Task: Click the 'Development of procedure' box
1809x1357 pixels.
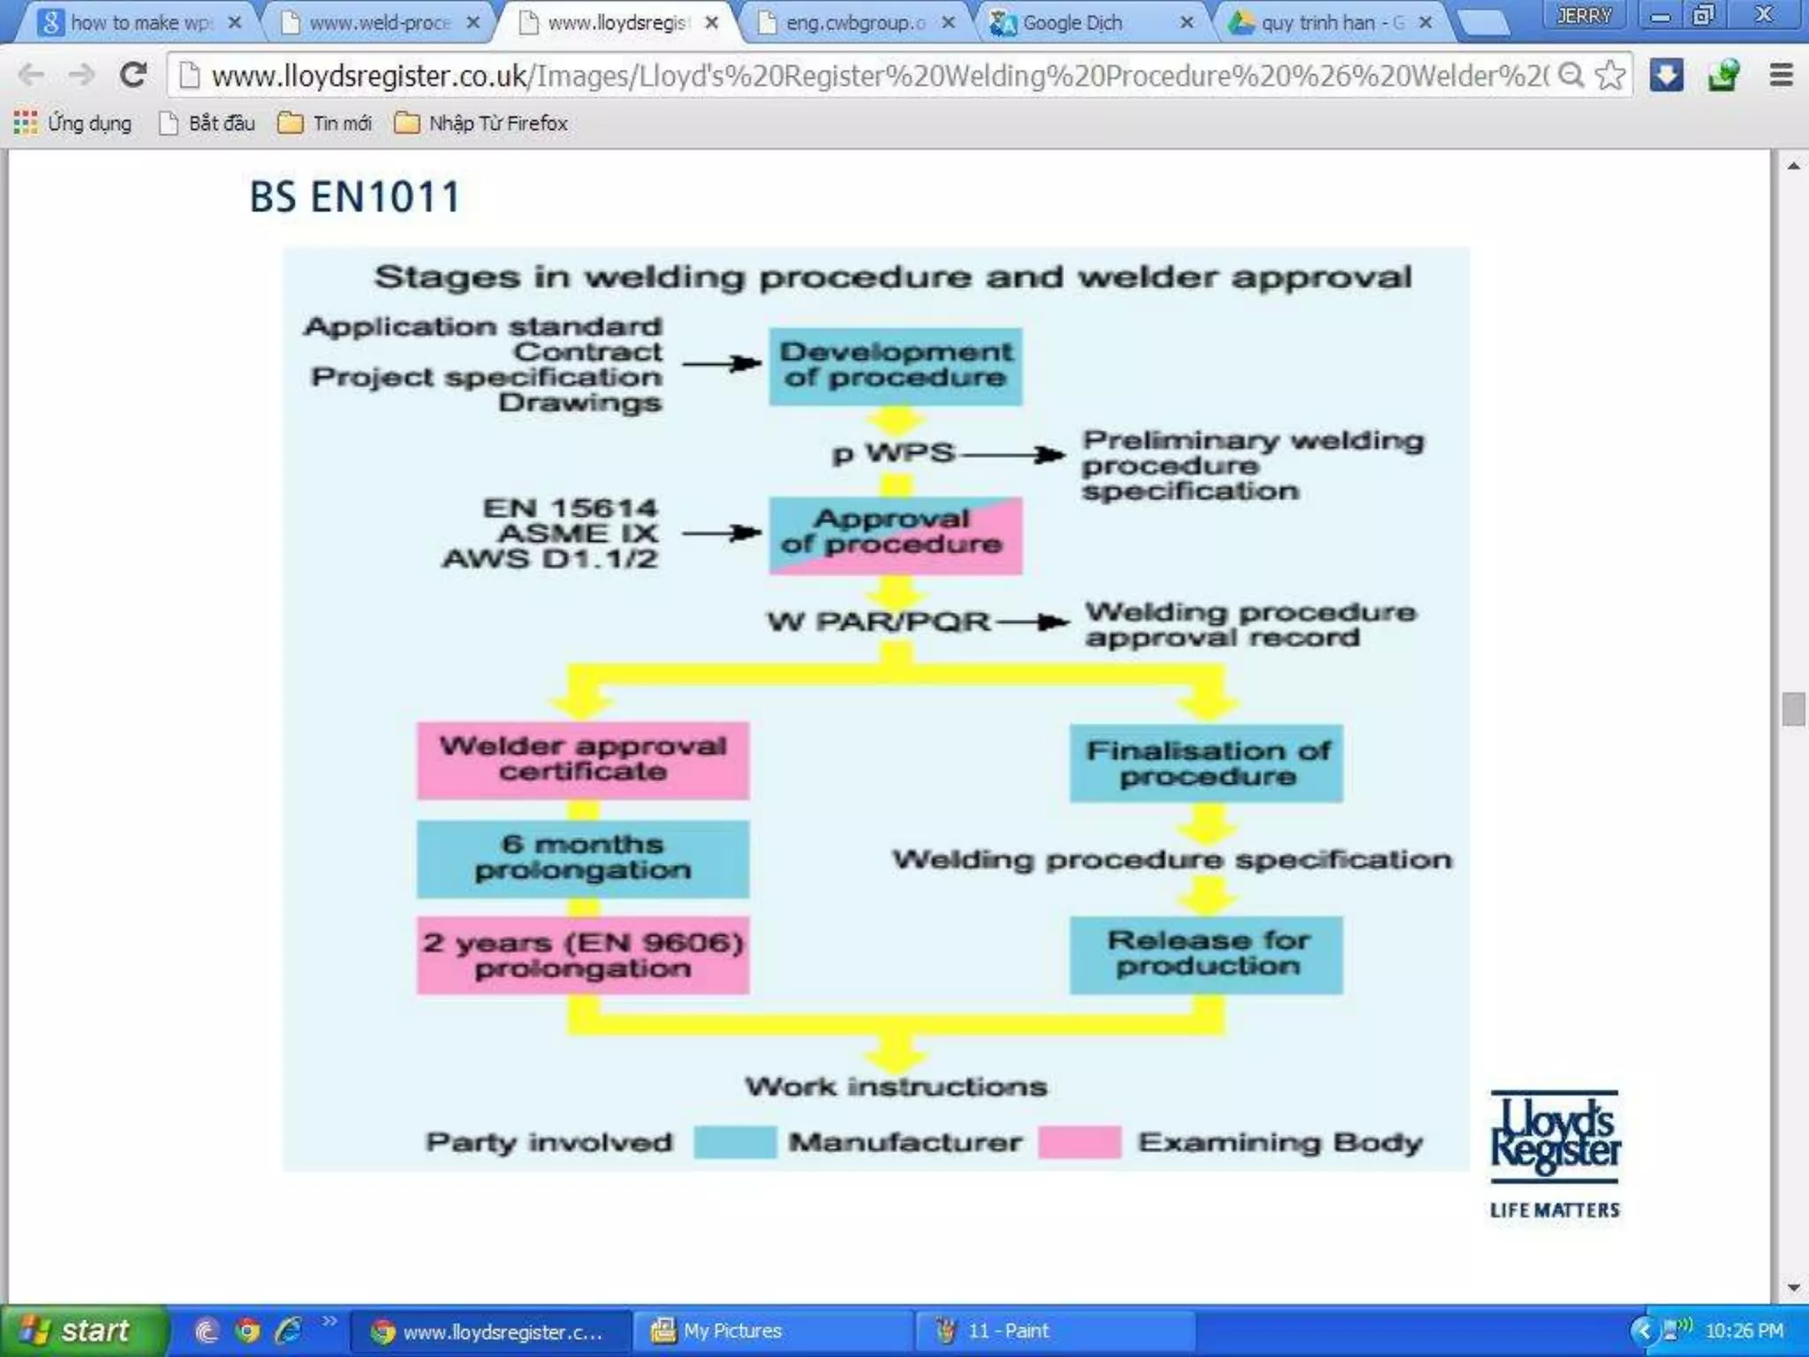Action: (x=895, y=366)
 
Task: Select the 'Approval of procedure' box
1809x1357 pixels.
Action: (x=895, y=534)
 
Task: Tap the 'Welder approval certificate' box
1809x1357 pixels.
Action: (x=583, y=760)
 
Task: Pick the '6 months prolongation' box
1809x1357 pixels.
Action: (x=583, y=858)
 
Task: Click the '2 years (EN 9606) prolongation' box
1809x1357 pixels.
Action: (x=583, y=956)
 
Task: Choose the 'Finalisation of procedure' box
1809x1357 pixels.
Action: (x=1206, y=763)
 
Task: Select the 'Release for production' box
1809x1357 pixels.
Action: (x=1206, y=954)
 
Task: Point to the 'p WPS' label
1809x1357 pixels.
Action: (x=893, y=453)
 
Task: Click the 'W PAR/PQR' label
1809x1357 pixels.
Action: (x=878, y=621)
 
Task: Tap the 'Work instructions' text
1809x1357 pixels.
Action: (x=896, y=1087)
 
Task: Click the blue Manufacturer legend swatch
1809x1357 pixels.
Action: (x=735, y=1141)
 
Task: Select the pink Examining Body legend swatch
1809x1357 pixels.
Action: (x=1079, y=1141)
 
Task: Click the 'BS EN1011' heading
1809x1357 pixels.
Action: (x=355, y=197)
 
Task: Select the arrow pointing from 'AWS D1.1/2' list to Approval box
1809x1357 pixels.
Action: (x=722, y=533)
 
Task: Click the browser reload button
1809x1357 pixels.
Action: (x=133, y=76)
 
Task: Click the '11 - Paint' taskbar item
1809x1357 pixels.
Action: (x=1007, y=1330)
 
